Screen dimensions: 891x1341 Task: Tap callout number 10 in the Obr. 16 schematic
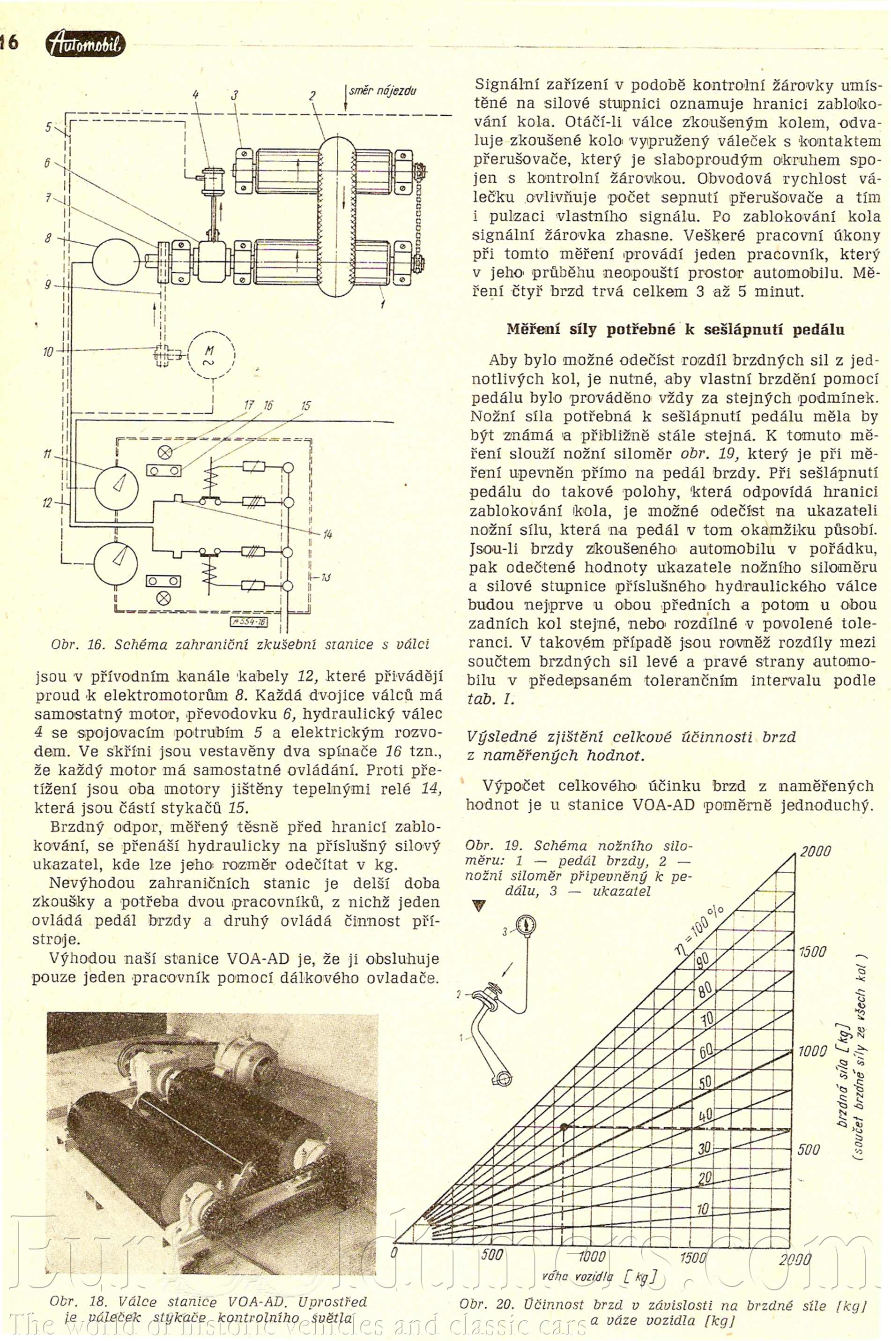[x=48, y=352]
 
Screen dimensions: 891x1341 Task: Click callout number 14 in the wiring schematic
[x=327, y=534]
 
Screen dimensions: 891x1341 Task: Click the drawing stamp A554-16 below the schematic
[x=249, y=622]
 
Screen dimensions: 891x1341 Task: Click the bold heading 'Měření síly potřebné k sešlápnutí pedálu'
[x=675, y=330]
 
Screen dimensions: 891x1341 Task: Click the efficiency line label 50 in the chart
[x=705, y=1081]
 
